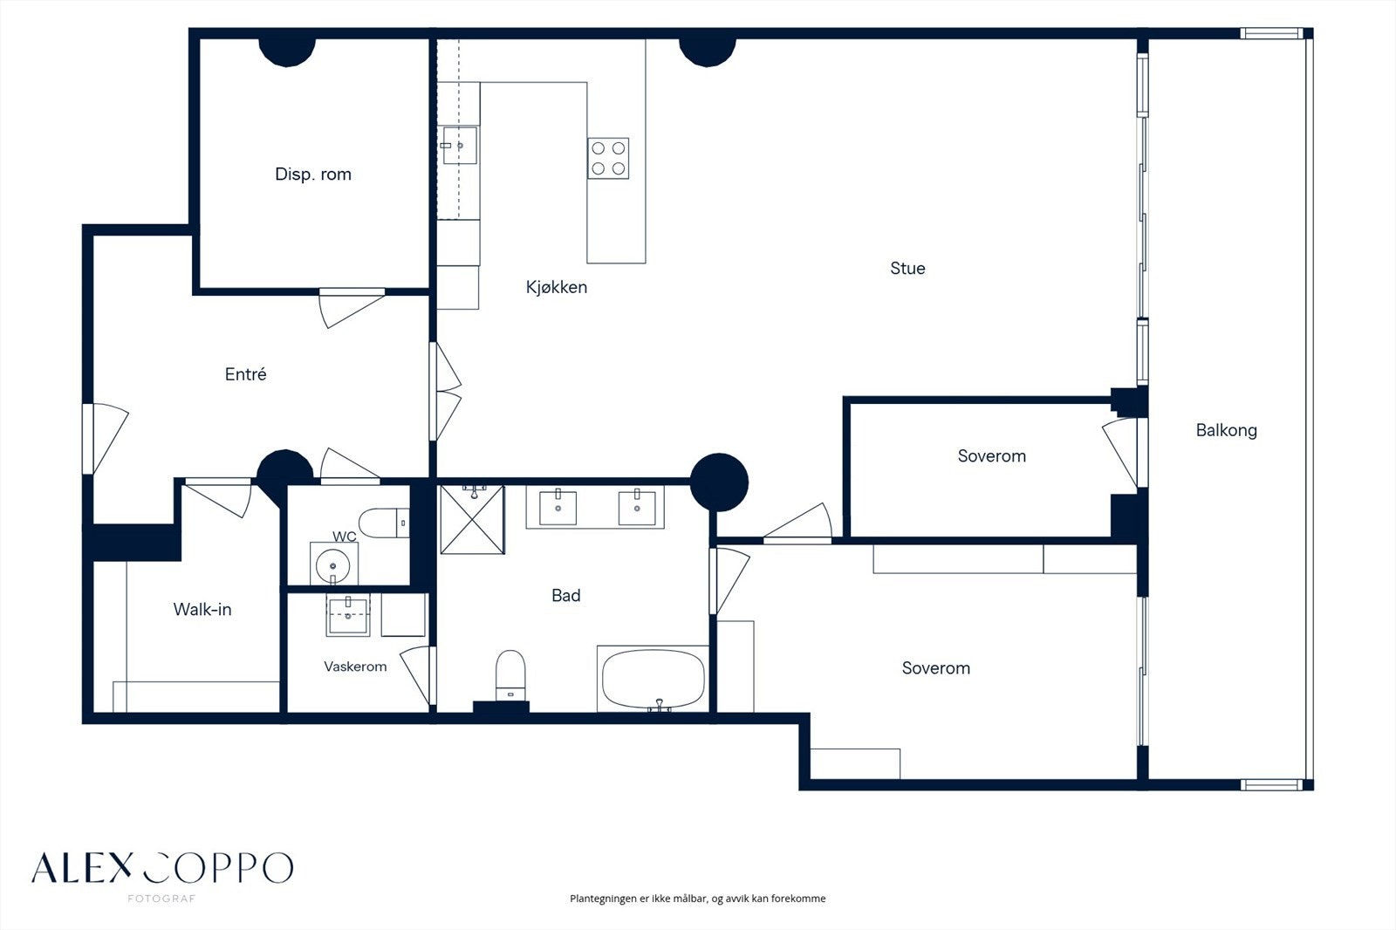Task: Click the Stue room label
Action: tap(907, 268)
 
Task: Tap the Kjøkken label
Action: tap(557, 287)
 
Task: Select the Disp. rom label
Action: tap(313, 174)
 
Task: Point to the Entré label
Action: tap(245, 374)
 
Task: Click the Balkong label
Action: tap(1227, 431)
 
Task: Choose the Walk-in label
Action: tap(202, 609)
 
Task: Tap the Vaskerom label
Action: tap(355, 667)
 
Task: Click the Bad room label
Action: tap(566, 595)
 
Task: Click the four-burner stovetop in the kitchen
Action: tap(608, 158)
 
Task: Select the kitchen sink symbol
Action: tap(460, 145)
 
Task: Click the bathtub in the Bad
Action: tap(654, 680)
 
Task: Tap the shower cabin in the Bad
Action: tap(472, 520)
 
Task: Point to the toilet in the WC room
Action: tap(384, 523)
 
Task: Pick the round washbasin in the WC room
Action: tap(333, 564)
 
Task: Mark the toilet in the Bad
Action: tap(510, 675)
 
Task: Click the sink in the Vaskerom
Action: tap(348, 615)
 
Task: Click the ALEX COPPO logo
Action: tap(162, 868)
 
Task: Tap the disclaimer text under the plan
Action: tap(697, 899)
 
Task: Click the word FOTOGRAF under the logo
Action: tap(161, 899)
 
